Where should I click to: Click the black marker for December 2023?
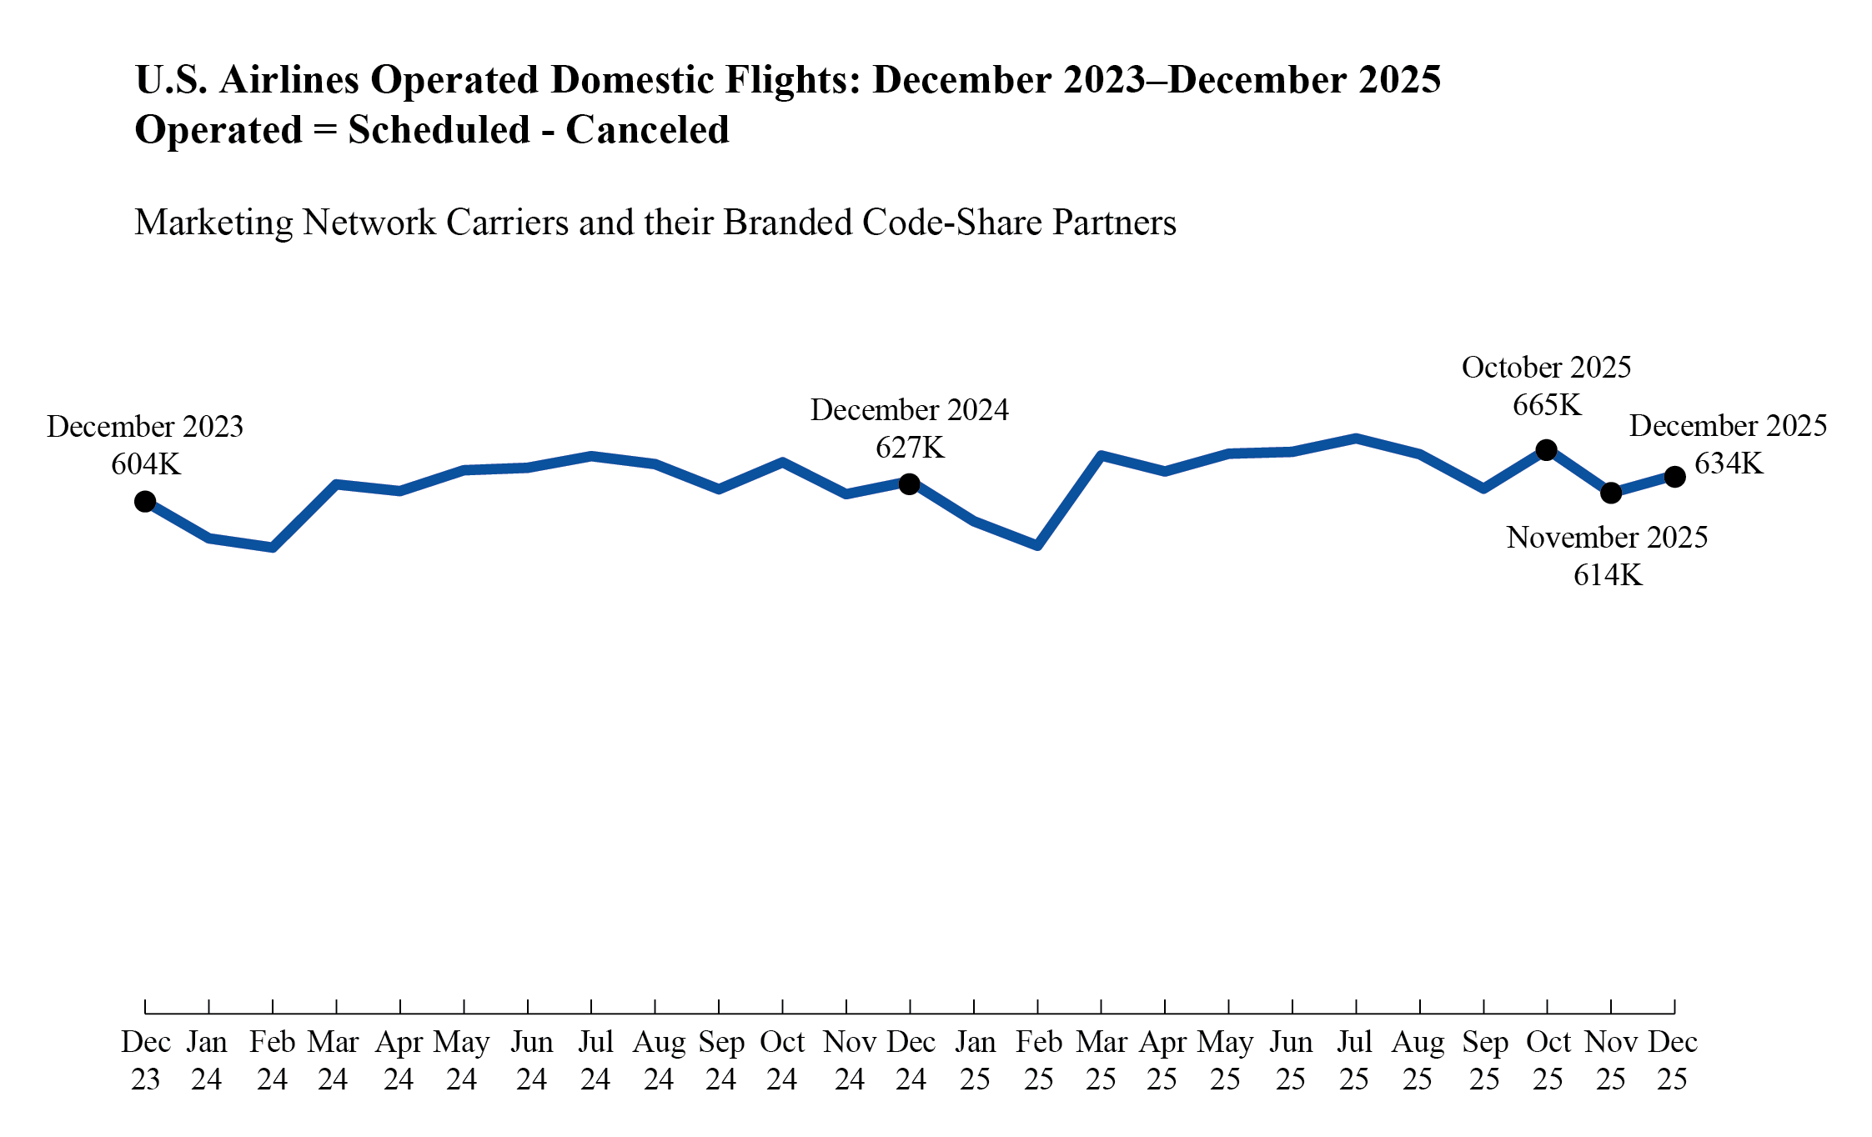pyautogui.click(x=145, y=501)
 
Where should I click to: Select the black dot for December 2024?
pyautogui.click(x=910, y=483)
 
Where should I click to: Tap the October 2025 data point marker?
pyautogui.click(x=1546, y=450)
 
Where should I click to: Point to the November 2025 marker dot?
pyautogui.click(x=1611, y=493)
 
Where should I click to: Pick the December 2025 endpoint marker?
pyautogui.click(x=1674, y=477)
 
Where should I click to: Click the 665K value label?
pyautogui.click(x=1547, y=406)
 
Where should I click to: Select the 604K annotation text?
pyautogui.click(x=146, y=464)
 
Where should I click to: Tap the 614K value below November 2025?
pyautogui.click(x=1608, y=576)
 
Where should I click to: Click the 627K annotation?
pyautogui.click(x=910, y=448)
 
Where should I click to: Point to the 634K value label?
pyautogui.click(x=1729, y=463)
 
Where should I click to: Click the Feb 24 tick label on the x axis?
pyautogui.click(x=273, y=1060)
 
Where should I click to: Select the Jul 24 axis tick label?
pyautogui.click(x=595, y=1060)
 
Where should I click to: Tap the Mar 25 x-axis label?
pyautogui.click(x=1102, y=1060)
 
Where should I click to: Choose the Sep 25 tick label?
pyautogui.click(x=1484, y=1060)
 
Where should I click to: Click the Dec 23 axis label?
pyautogui.click(x=146, y=1060)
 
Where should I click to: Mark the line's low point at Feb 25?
pyautogui.click(x=1037, y=546)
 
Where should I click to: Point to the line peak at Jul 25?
pyautogui.click(x=1356, y=438)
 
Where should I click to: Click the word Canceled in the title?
pyautogui.click(x=647, y=130)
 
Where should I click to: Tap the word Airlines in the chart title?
pyautogui.click(x=289, y=80)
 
